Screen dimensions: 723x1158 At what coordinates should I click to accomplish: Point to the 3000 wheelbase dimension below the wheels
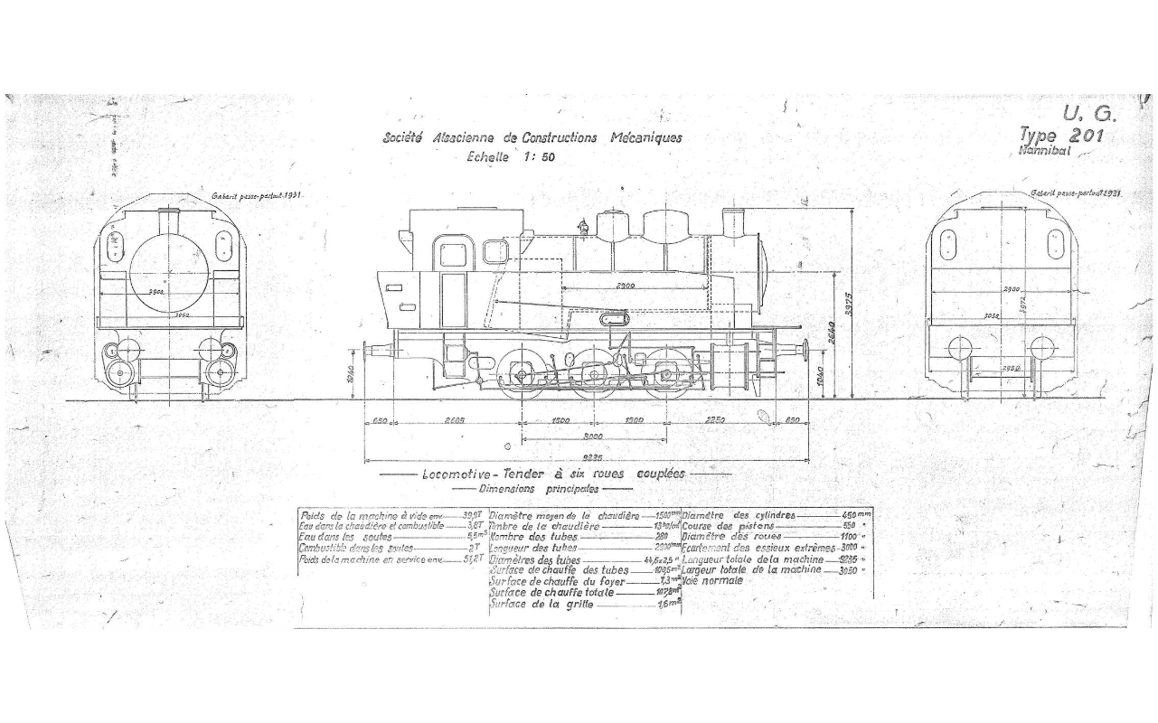point(595,437)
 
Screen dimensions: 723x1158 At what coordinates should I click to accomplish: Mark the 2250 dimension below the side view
point(715,420)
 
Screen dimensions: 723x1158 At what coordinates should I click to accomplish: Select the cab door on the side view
point(452,271)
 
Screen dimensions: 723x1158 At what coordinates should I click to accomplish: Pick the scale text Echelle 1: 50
point(511,155)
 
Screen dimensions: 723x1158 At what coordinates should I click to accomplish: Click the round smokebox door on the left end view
point(169,271)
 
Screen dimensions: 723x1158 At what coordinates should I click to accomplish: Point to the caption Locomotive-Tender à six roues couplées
point(553,474)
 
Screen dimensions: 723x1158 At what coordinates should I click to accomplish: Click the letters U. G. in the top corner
point(1090,115)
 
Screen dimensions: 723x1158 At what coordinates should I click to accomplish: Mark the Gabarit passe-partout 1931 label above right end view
point(1076,193)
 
